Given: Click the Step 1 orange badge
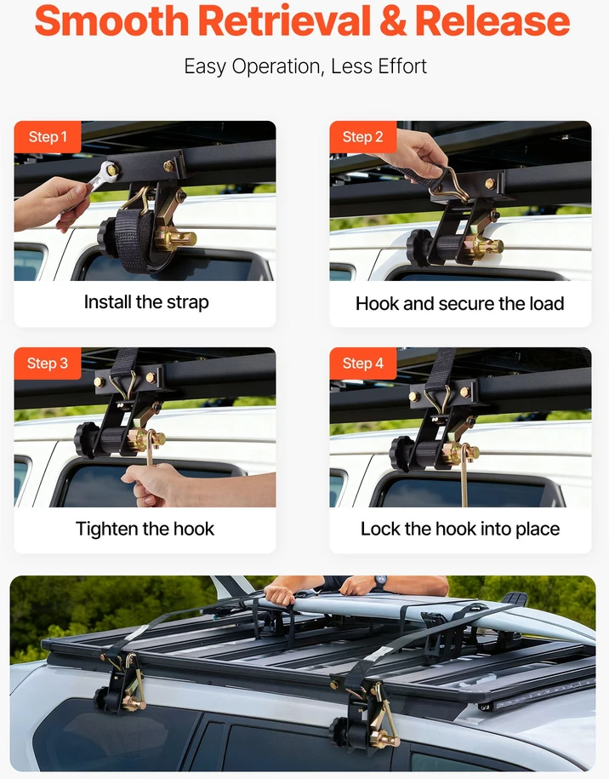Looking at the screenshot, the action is click(48, 137).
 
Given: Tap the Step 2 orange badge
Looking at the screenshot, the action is click(363, 137).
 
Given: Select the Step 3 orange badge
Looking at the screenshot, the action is click(48, 364).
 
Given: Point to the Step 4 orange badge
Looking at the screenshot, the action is click(363, 364).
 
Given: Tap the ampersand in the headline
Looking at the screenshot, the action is click(393, 21).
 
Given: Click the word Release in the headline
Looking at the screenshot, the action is click(492, 21).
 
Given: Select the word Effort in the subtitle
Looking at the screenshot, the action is click(402, 66).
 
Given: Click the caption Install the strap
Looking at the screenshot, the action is click(146, 302).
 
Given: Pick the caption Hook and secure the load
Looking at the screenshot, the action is click(460, 304).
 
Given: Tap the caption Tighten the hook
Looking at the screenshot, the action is click(145, 529).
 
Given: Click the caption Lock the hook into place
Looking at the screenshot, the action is click(460, 529).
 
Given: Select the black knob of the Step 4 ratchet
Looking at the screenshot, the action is click(401, 454).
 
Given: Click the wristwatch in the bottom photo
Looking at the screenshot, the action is click(381, 581).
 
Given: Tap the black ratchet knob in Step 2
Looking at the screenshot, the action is click(418, 248).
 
